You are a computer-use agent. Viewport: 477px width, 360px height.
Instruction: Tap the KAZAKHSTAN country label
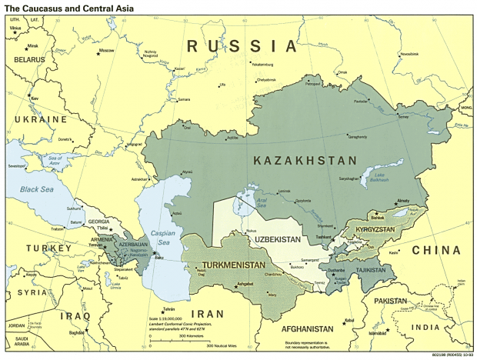click(x=305, y=161)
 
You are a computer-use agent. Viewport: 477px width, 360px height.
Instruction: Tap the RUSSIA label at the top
click(x=242, y=47)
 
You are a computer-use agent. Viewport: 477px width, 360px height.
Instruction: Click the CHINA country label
click(x=436, y=250)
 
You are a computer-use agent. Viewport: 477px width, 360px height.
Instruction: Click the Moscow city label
click(x=106, y=51)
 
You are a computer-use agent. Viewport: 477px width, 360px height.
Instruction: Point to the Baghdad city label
click(x=77, y=332)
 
